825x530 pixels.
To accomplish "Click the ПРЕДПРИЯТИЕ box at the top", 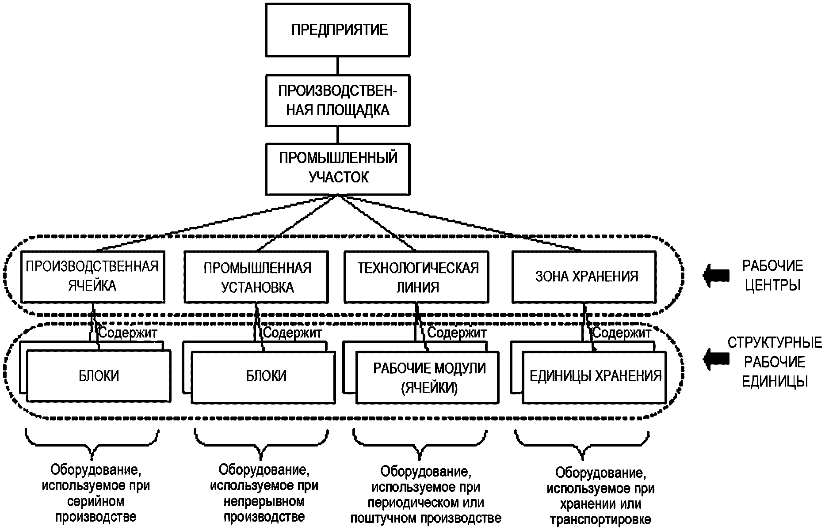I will tap(338, 30).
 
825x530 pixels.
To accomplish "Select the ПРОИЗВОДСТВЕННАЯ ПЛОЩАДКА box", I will tap(338, 101).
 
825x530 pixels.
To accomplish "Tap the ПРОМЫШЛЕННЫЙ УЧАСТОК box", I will tap(338, 168).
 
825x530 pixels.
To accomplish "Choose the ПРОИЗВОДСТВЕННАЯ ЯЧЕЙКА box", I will tap(93, 276).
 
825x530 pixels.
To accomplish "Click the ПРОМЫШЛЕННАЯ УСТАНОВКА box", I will tap(256, 277).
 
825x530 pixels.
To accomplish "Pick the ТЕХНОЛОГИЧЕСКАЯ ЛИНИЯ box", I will tap(417, 277).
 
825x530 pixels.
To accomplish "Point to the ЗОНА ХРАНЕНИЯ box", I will tap(584, 276).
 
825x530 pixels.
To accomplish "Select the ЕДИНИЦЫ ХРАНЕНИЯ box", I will tap(594, 376).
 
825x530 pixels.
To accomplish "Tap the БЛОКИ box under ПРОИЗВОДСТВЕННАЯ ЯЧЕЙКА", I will tap(99, 376).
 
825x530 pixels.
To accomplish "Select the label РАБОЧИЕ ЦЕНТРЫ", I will tap(772, 275).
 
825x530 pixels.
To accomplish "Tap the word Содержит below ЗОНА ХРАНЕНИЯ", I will tap(622, 332).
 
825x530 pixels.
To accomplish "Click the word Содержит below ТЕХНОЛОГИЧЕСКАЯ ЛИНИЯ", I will tap(457, 332).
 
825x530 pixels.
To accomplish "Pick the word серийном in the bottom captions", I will tap(95, 502).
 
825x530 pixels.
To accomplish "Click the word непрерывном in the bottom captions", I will tap(264, 502).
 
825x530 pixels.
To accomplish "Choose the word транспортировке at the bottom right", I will tap(600, 519).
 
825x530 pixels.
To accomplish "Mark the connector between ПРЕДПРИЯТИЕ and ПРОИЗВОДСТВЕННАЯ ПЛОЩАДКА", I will tap(338, 66).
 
